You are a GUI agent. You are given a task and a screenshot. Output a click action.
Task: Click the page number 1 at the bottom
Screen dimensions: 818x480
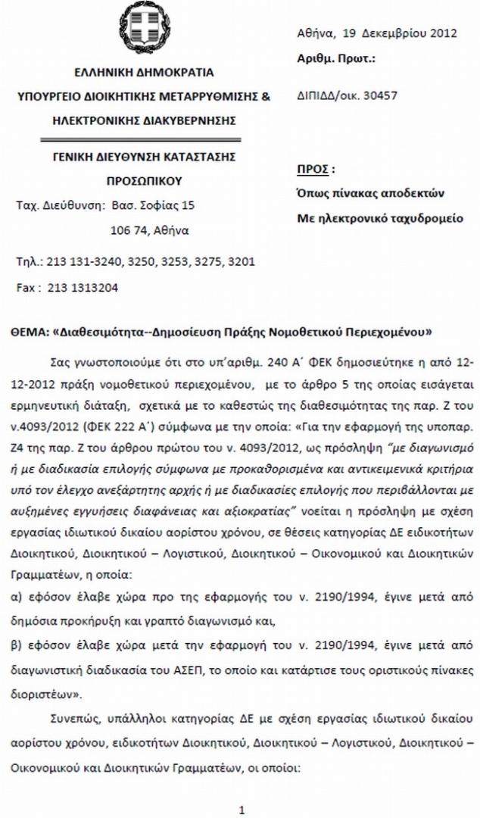[x=242, y=810]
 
